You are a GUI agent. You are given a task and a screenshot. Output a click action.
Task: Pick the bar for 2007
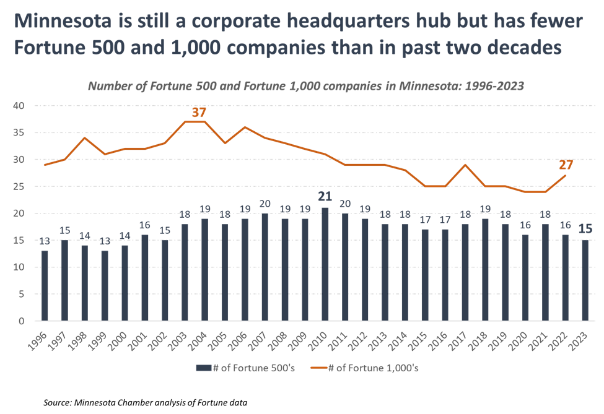click(265, 267)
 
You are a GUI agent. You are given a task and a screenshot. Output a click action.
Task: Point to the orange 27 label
click(566, 165)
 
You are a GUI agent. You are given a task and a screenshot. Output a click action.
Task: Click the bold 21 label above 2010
click(325, 197)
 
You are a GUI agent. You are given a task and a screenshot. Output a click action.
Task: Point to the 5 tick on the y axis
click(21, 294)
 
